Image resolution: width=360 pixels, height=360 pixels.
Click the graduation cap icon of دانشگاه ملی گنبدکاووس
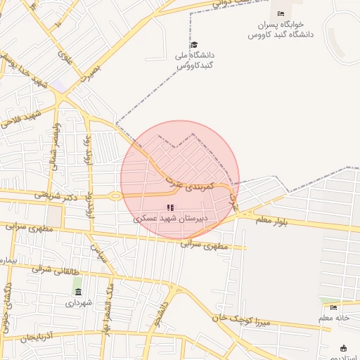(x=194, y=44)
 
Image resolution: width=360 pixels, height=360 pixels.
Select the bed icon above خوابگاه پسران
(x=281, y=14)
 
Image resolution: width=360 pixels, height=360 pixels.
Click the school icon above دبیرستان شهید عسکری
(x=169, y=207)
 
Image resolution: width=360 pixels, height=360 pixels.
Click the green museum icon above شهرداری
(x=77, y=292)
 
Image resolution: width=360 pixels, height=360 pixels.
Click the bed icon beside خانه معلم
(x=333, y=307)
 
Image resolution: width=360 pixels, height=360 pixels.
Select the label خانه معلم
(x=334, y=318)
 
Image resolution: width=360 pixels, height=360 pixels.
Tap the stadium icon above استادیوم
(x=343, y=348)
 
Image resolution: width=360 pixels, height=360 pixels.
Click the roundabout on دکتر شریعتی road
(x=115, y=196)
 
